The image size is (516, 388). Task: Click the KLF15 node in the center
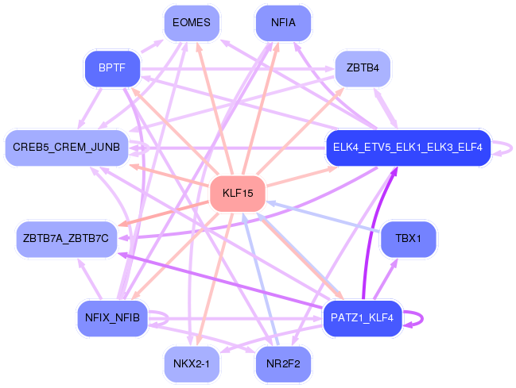coord(237,194)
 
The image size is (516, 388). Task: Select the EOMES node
coord(191,22)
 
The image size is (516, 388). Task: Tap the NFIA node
coord(283,22)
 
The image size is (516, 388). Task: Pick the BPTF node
coord(112,69)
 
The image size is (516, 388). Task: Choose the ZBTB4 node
coord(363,69)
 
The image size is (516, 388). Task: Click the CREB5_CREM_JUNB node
coord(67,148)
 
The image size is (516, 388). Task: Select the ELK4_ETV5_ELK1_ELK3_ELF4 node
coord(408,148)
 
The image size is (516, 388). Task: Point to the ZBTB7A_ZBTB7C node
coord(67,239)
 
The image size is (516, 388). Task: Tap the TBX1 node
coord(408,239)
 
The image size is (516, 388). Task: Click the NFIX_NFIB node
coord(112,318)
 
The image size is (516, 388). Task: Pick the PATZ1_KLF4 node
coord(363,318)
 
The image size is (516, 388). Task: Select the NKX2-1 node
coord(191,365)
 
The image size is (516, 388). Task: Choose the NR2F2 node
coord(283,365)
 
